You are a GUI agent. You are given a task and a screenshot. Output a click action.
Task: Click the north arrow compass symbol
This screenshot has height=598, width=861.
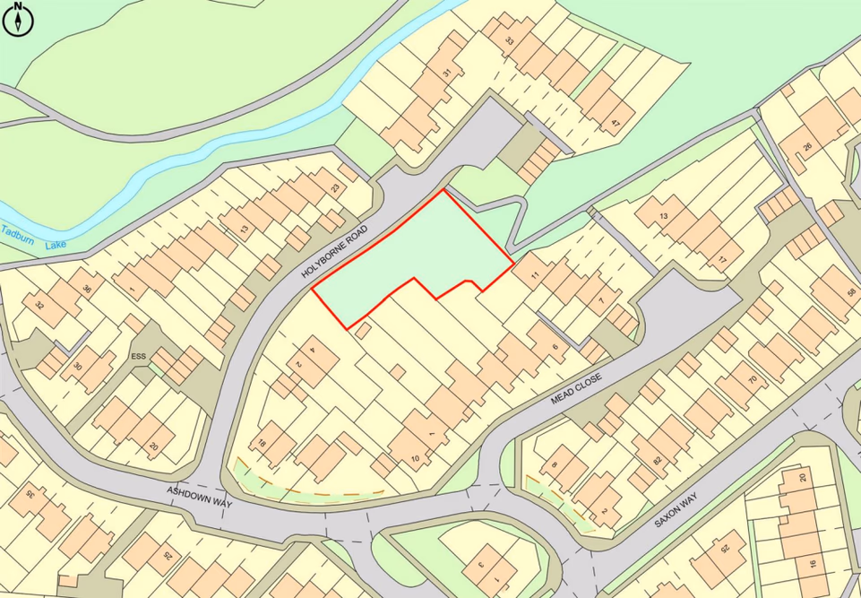[18, 19]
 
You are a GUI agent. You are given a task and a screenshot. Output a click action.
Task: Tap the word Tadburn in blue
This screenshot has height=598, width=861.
[18, 232]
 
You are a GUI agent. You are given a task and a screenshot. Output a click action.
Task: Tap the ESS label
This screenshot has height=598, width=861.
[138, 356]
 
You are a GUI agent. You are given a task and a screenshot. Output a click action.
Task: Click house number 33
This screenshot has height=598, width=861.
[509, 40]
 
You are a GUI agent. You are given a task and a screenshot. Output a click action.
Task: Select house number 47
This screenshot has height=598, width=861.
[615, 122]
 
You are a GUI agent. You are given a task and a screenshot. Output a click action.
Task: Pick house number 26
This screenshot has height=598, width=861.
[807, 147]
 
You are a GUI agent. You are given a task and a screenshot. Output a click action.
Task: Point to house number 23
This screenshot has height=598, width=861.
[335, 187]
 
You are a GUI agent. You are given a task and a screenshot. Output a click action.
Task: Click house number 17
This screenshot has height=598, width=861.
[721, 262]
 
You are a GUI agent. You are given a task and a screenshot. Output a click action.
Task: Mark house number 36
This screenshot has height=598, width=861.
[86, 289]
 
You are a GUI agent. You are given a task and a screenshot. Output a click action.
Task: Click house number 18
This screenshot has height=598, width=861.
[263, 444]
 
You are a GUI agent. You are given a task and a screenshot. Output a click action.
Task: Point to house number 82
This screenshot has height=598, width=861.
[659, 460]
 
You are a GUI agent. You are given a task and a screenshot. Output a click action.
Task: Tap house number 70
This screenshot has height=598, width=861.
[753, 380]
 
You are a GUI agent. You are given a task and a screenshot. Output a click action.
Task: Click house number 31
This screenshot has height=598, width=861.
[446, 72]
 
